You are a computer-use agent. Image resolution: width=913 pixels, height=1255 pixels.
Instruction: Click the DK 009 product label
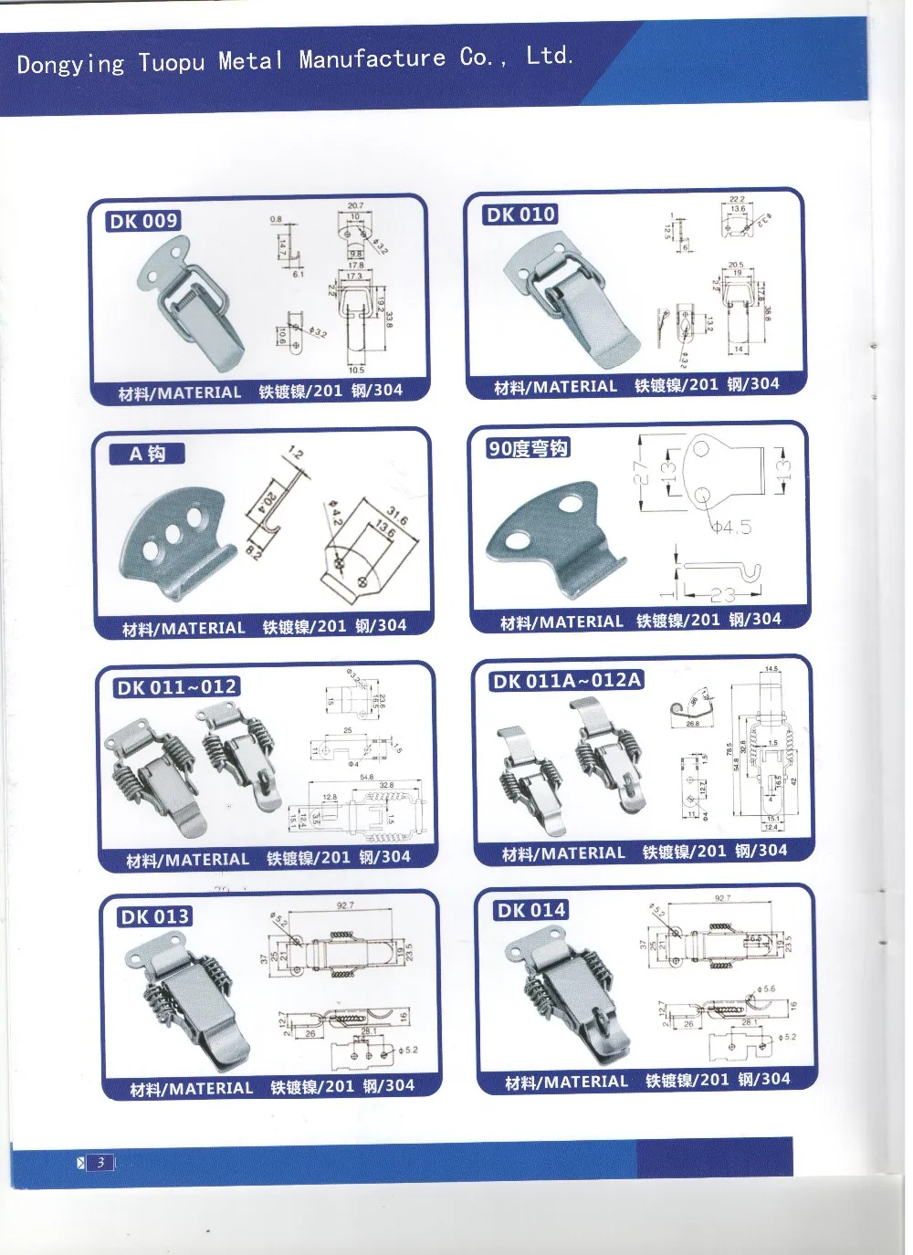[143, 221]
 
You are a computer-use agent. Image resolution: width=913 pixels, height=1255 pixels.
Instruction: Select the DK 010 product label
[520, 214]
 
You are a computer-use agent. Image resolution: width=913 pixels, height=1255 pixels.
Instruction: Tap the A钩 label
[146, 454]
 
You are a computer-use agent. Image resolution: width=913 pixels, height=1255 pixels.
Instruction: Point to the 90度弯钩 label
[529, 448]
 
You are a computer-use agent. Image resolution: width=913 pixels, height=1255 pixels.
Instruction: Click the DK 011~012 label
[176, 686]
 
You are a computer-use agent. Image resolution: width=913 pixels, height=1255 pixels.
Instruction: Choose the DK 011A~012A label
[566, 681]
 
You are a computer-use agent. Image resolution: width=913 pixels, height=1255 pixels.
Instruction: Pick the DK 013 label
[153, 916]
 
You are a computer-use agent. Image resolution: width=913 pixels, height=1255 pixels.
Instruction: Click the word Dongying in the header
[70, 64]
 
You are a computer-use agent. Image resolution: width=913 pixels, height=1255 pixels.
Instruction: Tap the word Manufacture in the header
[373, 59]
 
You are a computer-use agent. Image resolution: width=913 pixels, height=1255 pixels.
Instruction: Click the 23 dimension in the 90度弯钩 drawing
[721, 595]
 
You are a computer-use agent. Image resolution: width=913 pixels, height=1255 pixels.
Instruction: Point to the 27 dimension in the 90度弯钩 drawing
[642, 472]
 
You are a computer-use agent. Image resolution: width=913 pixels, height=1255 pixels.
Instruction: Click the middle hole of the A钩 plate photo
[173, 531]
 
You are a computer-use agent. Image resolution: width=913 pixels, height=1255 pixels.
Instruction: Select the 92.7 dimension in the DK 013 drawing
[345, 906]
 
